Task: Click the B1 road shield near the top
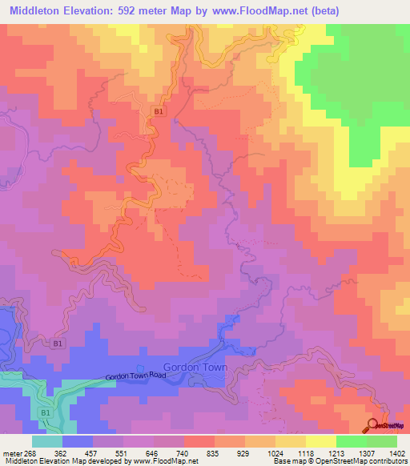point(159,112)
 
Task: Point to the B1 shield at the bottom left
point(45,412)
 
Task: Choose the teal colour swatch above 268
point(47,440)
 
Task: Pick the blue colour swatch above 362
point(78,440)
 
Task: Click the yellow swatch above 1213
point(320,440)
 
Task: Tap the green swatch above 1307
point(351,440)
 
